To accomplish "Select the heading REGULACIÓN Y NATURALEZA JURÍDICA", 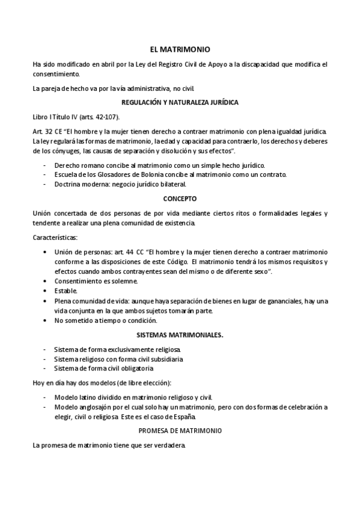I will click(x=180, y=102).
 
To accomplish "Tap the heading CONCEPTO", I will click(x=180, y=198).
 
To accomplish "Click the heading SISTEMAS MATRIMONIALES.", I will click(x=180, y=335).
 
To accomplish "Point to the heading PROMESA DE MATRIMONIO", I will click(x=180, y=431).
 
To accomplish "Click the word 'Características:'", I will click(x=52, y=237).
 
